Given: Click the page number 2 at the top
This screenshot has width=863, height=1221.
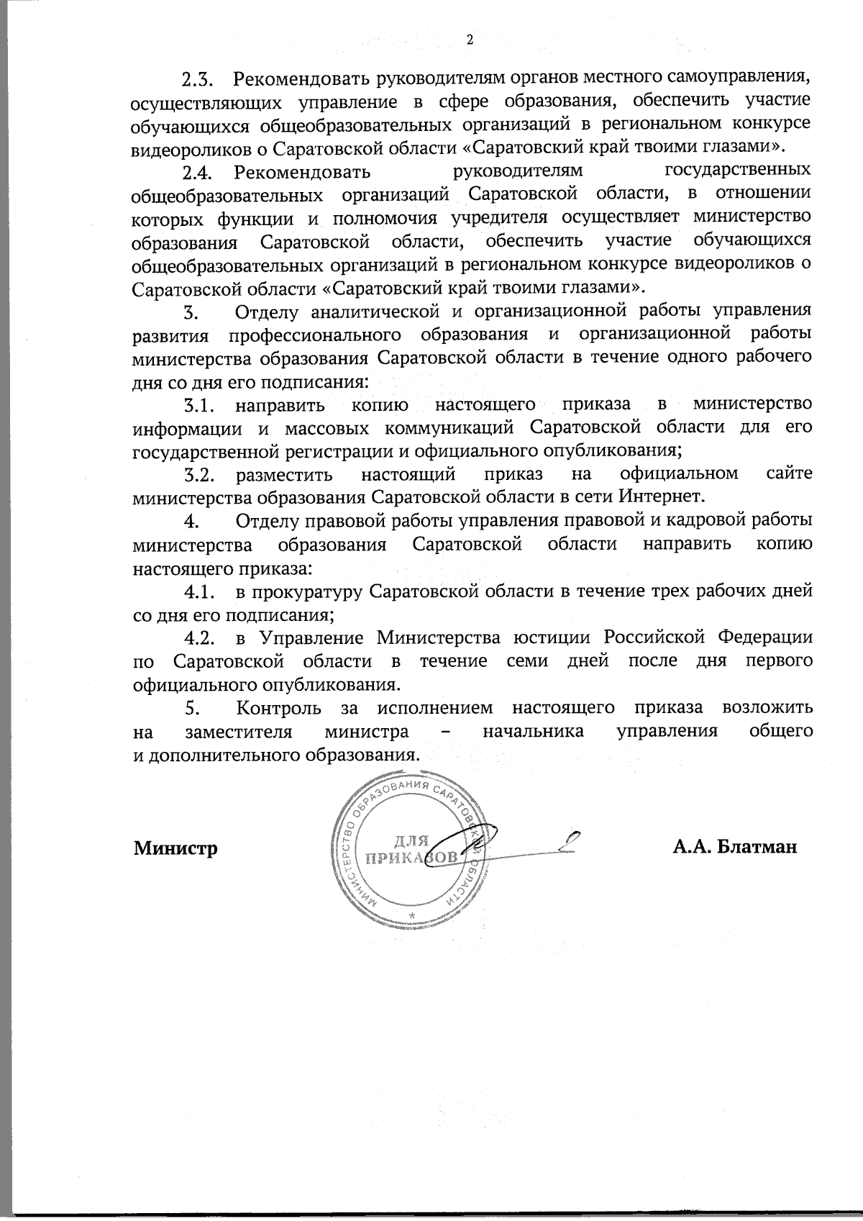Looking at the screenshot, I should tap(470, 40).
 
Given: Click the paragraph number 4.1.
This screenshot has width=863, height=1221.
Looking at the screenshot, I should tap(198, 593).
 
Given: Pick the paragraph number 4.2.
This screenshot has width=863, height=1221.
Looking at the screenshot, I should tap(198, 638).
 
